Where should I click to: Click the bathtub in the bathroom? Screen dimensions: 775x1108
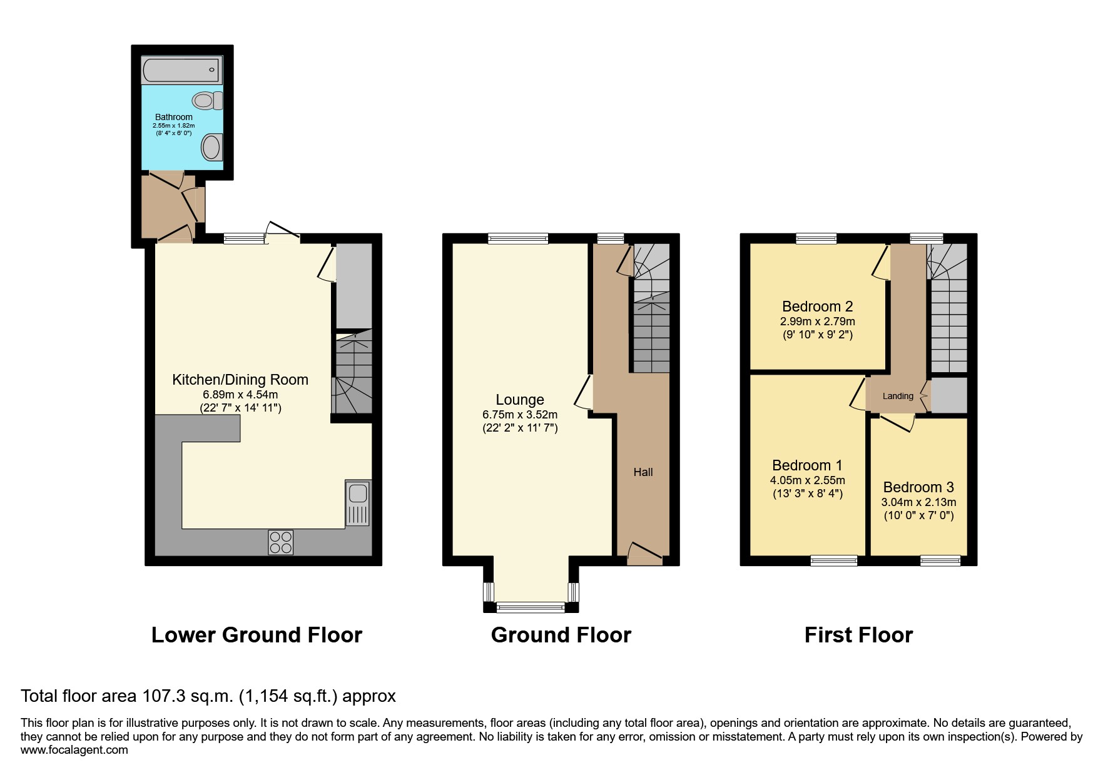pos(181,70)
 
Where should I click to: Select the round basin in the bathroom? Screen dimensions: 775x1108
pos(211,148)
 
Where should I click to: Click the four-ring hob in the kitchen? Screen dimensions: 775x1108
pos(281,542)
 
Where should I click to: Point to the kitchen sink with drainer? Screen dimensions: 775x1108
pos(358,503)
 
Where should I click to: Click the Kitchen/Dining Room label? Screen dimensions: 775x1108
pos(240,380)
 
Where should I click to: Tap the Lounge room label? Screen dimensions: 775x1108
pos(519,400)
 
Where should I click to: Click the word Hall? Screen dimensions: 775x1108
pos(643,472)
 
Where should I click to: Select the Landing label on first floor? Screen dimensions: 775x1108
pos(898,396)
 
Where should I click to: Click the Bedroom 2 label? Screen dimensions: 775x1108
pos(817,306)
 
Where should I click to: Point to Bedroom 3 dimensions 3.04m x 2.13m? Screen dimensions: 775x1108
pos(918,502)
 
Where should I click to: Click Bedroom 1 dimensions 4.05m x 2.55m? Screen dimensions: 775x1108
pos(807,480)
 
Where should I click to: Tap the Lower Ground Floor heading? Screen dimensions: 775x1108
pos(257,635)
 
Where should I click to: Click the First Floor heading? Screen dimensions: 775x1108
pos(858,635)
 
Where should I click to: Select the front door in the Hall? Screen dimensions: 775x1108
pos(644,553)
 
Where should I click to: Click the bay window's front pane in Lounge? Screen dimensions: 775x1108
pos(530,606)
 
